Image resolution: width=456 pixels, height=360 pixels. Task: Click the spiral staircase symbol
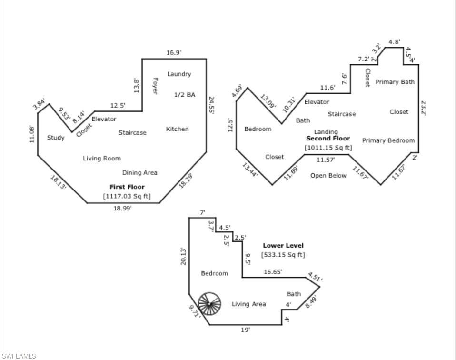coord(210,303)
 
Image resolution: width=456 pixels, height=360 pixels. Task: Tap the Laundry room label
coord(179,74)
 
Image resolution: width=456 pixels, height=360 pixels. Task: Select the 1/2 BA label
coord(184,95)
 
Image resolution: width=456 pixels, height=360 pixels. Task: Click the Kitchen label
coord(177,129)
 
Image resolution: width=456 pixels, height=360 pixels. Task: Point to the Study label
coord(56,138)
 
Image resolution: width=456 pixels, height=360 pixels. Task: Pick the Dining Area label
coord(139,172)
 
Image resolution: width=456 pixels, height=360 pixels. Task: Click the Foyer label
coord(155,86)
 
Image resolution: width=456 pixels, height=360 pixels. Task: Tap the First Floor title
coord(127,187)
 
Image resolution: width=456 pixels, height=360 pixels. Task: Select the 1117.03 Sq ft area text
coord(127,196)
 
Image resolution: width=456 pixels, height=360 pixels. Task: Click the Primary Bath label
coord(395,82)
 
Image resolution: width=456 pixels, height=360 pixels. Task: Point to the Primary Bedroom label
coord(388,140)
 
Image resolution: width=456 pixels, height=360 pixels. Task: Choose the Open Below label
coord(328,175)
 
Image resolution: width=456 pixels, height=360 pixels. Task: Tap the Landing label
coord(326,131)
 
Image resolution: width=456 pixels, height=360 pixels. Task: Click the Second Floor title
coord(327,139)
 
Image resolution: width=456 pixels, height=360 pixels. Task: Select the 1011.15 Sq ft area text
coord(328,148)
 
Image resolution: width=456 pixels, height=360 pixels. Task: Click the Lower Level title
coord(283,246)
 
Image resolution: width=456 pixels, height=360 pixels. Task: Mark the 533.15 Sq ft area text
coord(283,255)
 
